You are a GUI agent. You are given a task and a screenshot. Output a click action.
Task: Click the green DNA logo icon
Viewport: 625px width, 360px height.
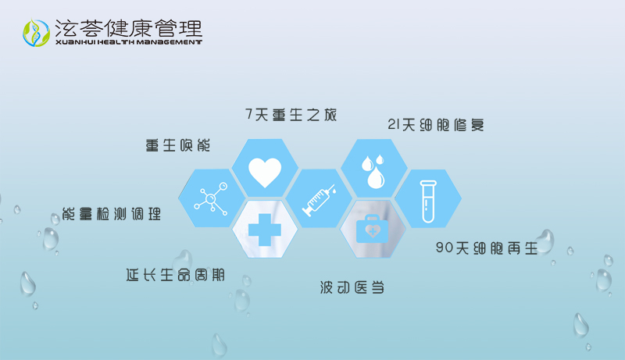tap(35, 31)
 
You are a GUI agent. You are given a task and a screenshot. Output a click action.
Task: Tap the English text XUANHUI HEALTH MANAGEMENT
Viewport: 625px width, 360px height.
tap(129, 42)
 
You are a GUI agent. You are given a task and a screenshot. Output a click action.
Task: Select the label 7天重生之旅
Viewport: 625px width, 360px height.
tap(291, 115)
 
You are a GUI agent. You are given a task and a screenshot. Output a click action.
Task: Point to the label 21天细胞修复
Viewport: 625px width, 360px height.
tap(441, 125)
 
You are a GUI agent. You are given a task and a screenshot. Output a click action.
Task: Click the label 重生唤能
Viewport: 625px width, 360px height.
tap(178, 145)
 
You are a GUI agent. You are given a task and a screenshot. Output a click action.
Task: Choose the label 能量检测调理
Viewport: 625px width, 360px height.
tap(112, 213)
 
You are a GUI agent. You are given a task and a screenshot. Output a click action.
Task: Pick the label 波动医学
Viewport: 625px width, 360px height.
tap(352, 287)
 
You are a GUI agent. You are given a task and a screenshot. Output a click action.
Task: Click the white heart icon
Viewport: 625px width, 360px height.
tap(265, 170)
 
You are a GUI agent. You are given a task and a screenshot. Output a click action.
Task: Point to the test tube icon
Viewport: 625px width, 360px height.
tap(427, 201)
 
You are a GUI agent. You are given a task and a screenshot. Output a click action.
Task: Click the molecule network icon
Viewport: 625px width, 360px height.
tap(210, 198)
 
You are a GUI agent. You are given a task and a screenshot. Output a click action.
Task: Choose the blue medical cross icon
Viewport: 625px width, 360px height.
tap(265, 229)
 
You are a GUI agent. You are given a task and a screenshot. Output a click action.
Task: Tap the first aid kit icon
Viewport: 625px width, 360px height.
tap(372, 229)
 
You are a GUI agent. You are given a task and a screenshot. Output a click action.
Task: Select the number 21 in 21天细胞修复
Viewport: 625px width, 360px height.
tap(395, 125)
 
